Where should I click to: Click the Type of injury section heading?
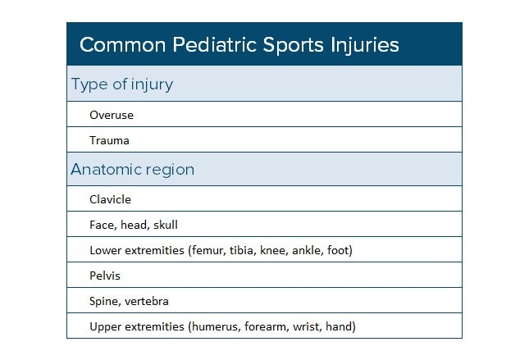tap(121, 84)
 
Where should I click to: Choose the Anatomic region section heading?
tap(132, 170)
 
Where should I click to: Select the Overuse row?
tap(112, 115)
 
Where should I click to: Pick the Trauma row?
tap(110, 140)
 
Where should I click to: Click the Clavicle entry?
tap(111, 199)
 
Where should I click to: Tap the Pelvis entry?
tap(105, 276)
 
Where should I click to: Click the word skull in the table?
tap(164, 225)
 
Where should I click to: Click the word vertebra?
tap(148, 301)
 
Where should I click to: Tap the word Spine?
tap(105, 301)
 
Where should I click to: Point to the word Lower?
tap(105, 250)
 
